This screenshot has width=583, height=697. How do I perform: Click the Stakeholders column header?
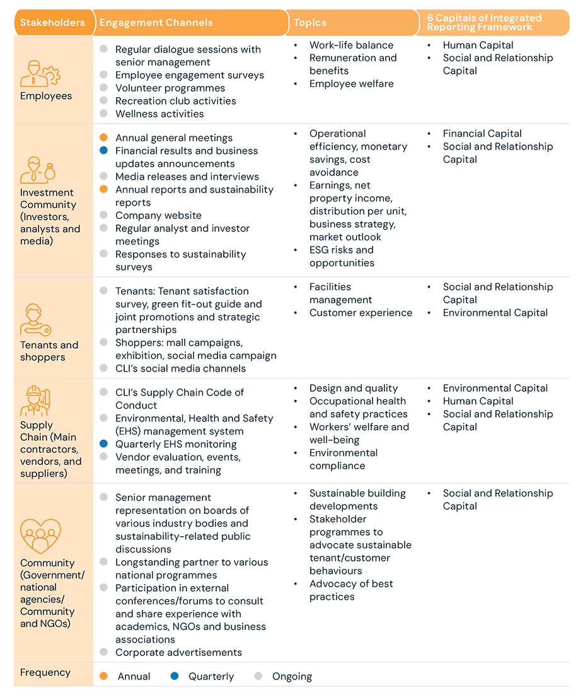pyautogui.click(x=52, y=23)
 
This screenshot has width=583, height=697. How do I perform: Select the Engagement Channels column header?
pyautogui.click(x=156, y=23)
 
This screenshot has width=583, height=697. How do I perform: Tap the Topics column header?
pyautogui.click(x=310, y=23)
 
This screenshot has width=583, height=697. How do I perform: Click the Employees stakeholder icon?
pyautogui.click(x=40, y=73)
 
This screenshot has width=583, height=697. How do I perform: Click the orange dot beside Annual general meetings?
pyautogui.click(x=104, y=138)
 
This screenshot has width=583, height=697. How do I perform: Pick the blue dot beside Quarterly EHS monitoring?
pyautogui.click(x=104, y=444)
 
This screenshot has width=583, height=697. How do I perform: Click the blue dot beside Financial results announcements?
pyautogui.click(x=104, y=151)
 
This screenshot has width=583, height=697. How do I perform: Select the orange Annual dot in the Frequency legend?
pyautogui.click(x=104, y=676)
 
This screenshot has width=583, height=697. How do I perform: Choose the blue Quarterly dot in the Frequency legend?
pyautogui.click(x=175, y=676)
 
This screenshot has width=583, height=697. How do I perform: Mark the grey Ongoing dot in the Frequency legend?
pyautogui.click(x=258, y=676)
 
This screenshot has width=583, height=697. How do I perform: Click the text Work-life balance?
pyautogui.click(x=351, y=45)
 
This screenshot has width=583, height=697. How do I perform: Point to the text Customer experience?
pyautogui.click(x=361, y=313)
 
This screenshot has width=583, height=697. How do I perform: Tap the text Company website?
pyautogui.click(x=158, y=216)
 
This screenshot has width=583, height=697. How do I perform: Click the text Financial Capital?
pyautogui.click(x=482, y=134)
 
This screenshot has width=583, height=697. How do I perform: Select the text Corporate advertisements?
pyautogui.click(x=178, y=652)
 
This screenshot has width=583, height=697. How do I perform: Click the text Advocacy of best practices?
pyautogui.click(x=351, y=590)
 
